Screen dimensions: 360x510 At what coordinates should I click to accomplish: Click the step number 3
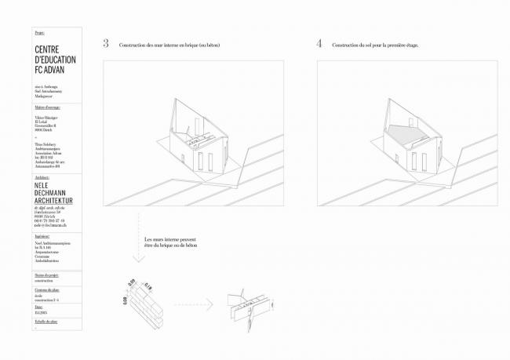pyautogui.click(x=106, y=44)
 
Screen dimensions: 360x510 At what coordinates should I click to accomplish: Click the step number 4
pyautogui.click(x=319, y=44)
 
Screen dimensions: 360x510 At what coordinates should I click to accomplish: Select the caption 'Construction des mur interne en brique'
pyautogui.click(x=169, y=45)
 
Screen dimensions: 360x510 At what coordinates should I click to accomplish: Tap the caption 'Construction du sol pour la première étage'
pyautogui.click(x=375, y=45)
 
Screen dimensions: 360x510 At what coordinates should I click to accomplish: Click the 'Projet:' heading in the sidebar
pyautogui.click(x=40, y=33)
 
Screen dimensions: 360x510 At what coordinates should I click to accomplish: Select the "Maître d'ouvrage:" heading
pyautogui.click(x=48, y=107)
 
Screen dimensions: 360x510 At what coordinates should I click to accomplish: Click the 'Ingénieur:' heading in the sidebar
pyautogui.click(x=44, y=235)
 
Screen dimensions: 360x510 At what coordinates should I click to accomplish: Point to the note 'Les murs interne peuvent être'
pyautogui.click(x=169, y=240)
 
